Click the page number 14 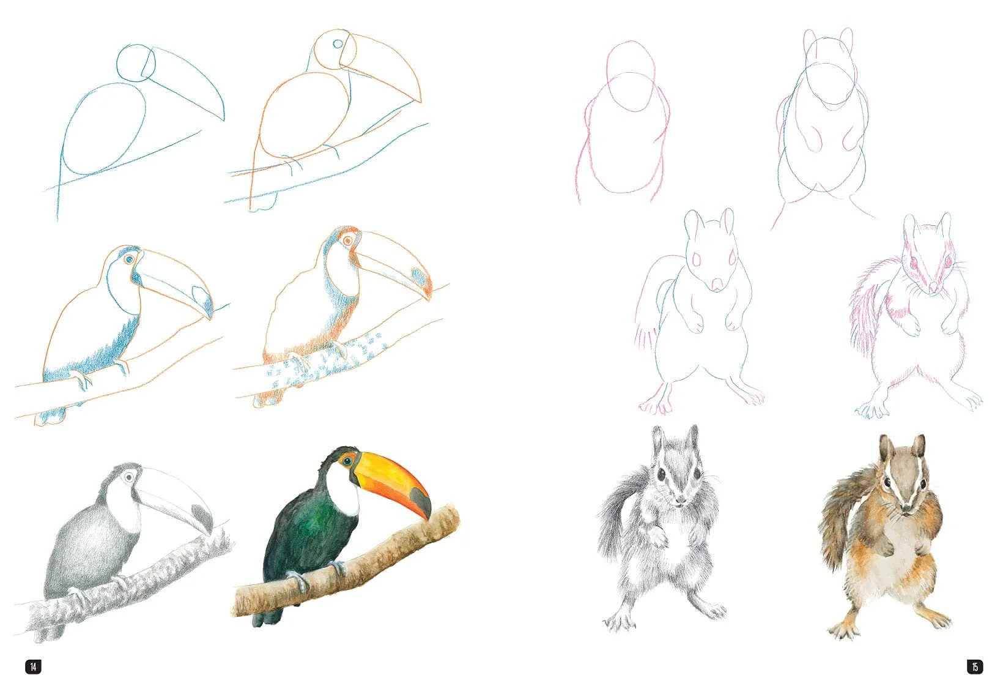tap(32, 665)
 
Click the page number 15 tap(974, 665)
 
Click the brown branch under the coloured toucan tap(367, 563)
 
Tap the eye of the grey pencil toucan tap(130, 477)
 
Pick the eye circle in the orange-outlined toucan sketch tap(338, 44)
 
